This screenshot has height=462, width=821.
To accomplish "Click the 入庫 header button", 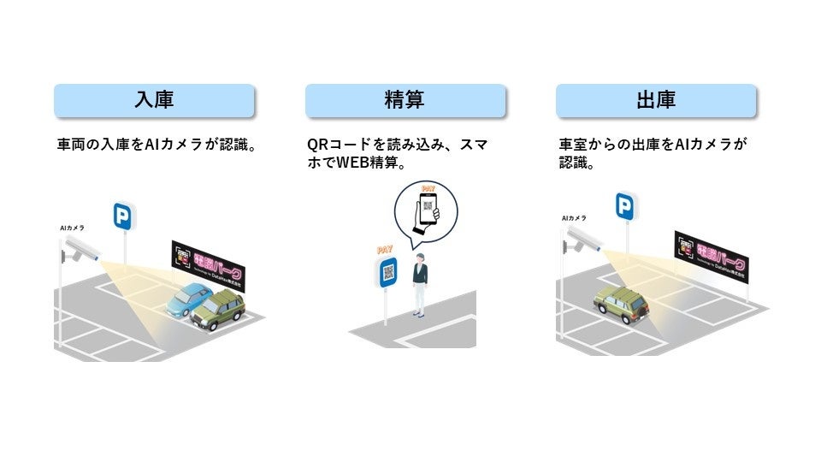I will coord(154,100).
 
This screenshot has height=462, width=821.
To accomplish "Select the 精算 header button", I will coord(405,100).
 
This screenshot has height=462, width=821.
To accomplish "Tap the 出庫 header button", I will coord(656,100).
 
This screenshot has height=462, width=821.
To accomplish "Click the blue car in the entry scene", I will coord(189,299).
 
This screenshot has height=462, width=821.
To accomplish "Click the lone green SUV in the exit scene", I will coord(622,304).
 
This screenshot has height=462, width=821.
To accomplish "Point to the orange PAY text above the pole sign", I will coord(387,251).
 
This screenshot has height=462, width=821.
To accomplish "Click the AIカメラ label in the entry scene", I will coord(71,228).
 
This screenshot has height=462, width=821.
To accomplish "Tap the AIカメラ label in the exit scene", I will coord(574,218).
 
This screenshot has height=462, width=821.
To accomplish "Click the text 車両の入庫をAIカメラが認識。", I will coord(157,145).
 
